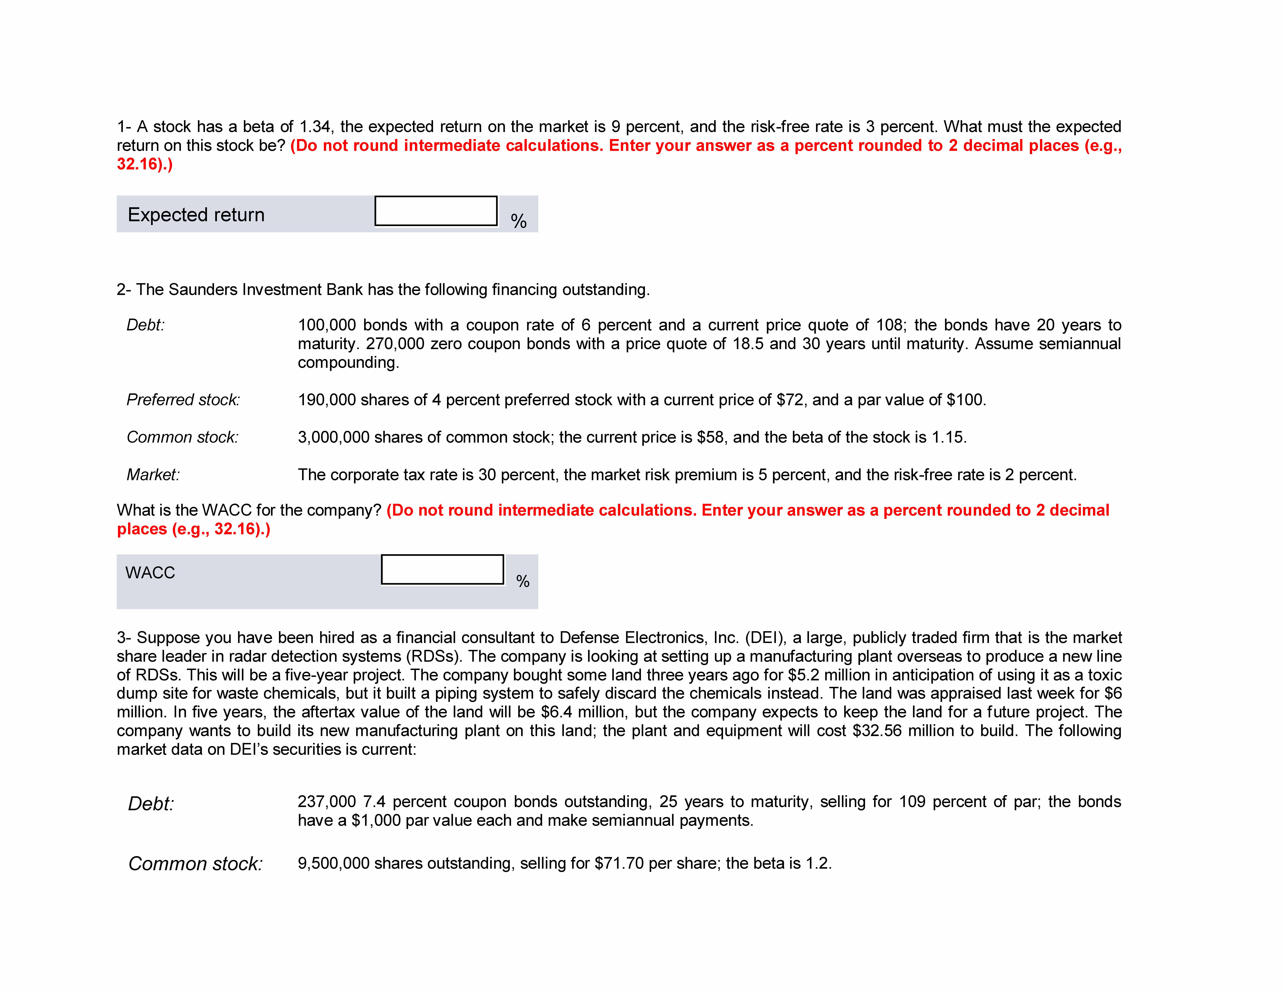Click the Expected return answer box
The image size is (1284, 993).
436,211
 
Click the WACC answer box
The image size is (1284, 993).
442,569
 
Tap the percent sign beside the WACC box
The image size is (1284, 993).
523,581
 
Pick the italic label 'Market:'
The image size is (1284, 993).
153,475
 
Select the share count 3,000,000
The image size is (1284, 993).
333,437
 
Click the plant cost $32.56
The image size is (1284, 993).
877,731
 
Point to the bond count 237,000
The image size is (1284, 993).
327,802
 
